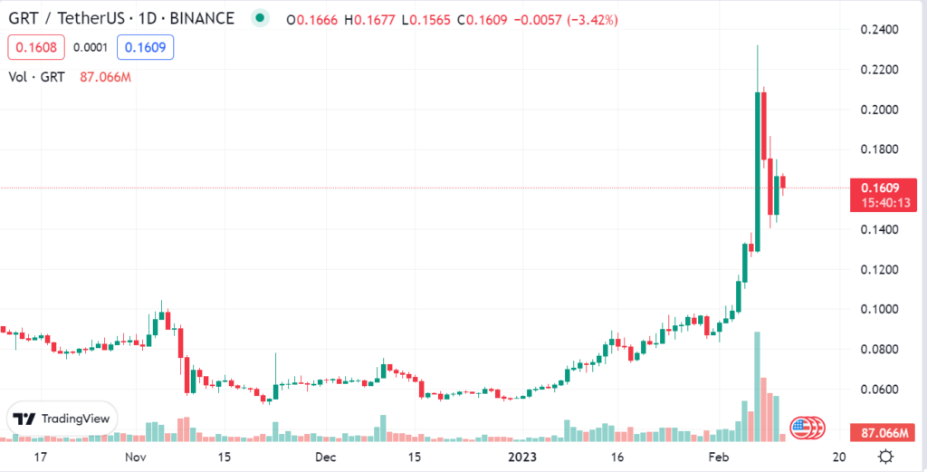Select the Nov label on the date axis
135,457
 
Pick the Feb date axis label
718,457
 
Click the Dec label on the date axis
327,457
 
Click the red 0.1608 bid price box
32,47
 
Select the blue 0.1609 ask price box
148,47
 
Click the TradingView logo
62,419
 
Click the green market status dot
261,18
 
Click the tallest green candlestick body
757,172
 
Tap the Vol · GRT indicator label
35,77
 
